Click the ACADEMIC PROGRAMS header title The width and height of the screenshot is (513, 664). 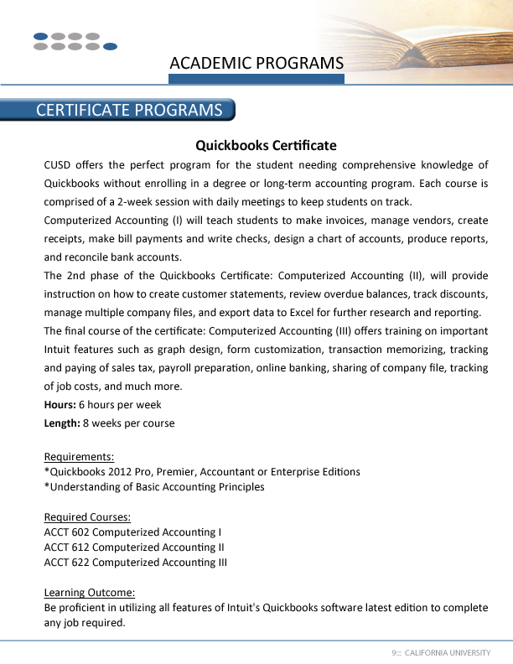click(x=256, y=63)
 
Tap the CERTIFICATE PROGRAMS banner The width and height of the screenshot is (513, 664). click(x=128, y=111)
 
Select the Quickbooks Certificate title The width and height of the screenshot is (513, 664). click(x=266, y=145)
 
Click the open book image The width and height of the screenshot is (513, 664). click(x=419, y=38)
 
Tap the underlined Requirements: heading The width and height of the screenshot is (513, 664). click(x=79, y=457)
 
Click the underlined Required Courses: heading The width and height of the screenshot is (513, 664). click(x=87, y=516)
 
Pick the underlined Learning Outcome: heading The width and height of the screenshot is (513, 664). click(x=90, y=593)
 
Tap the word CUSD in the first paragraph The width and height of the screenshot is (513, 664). click(x=60, y=164)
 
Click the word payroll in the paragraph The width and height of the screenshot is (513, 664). click(x=209, y=367)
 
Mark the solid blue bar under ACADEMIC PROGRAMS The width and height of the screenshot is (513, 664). click(x=256, y=79)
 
